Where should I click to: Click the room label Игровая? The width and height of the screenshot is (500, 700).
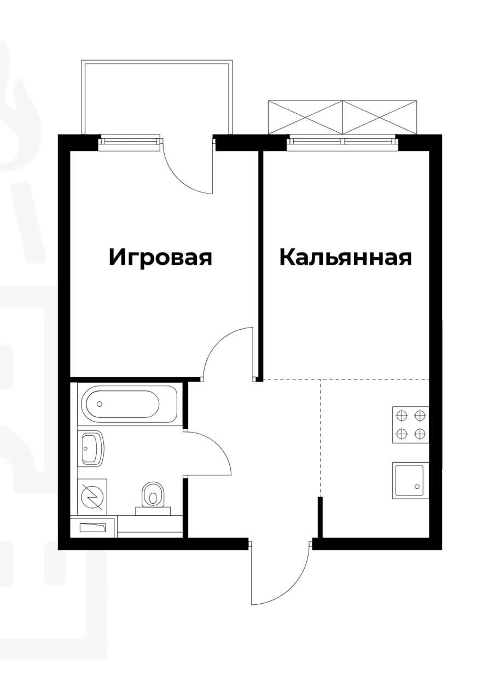tap(160, 258)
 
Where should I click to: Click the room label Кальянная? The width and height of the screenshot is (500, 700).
tap(345, 258)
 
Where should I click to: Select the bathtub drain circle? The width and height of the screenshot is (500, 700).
tap(100, 404)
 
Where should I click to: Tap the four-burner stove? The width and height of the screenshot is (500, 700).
tap(411, 425)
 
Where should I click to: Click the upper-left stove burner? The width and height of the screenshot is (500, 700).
tap(402, 416)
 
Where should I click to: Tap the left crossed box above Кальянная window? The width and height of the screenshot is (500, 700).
tap(306, 118)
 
